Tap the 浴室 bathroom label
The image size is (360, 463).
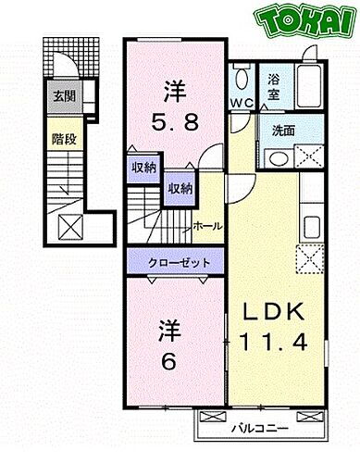point(275,87)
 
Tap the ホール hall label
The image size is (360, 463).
point(206,226)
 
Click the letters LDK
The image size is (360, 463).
point(275,312)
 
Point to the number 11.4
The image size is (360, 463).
point(275,344)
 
